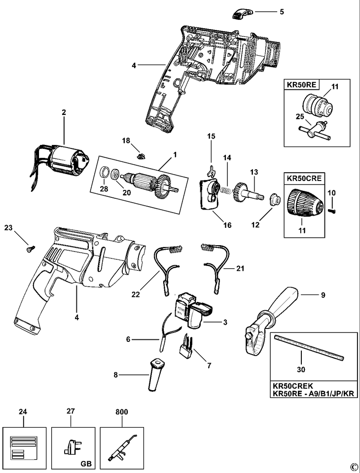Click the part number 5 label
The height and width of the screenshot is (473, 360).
coord(282,11)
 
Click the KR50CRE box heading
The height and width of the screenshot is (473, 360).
coord(302,177)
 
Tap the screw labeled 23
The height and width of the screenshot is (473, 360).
coord(29,249)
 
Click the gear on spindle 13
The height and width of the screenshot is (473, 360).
coord(241,190)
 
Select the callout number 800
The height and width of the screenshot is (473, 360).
coord(119,410)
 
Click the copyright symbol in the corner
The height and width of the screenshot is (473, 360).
coord(353,466)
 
